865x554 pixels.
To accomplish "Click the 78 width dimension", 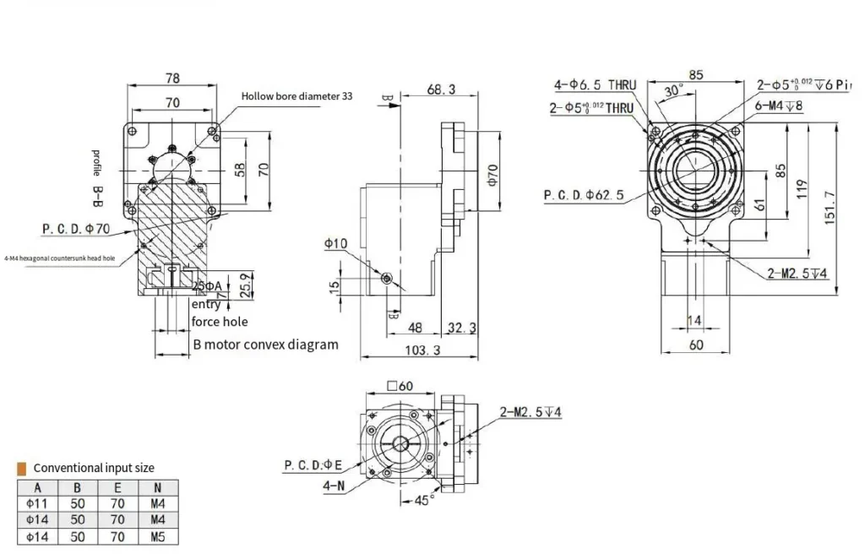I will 172,78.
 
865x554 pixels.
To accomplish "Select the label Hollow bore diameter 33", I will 296,96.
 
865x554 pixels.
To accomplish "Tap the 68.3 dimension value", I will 441,89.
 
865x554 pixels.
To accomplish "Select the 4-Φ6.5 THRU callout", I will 595,84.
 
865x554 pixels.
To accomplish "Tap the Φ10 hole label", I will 335,243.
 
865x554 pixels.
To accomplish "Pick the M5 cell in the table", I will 156,536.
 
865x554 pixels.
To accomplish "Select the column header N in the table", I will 156,488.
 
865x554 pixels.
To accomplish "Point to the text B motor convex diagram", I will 265,345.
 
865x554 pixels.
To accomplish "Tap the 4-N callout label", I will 333,486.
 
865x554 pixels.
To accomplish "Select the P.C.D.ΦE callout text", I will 313,465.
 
